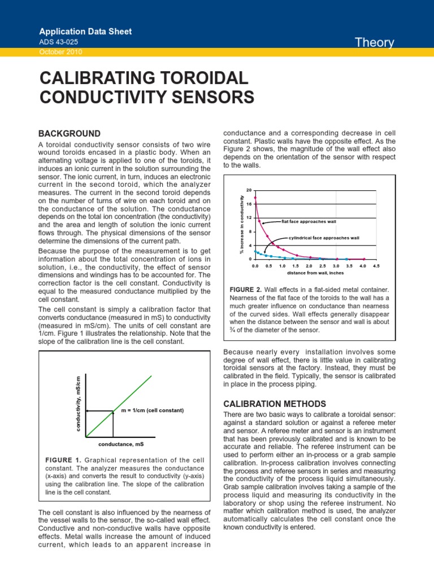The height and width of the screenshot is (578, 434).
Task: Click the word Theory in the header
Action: [374, 42]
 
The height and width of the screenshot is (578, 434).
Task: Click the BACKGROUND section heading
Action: [69, 134]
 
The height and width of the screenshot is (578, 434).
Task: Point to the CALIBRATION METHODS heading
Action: [275, 404]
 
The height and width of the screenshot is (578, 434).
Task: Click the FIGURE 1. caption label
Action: [63, 459]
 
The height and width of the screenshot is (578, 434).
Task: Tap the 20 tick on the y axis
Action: [249, 190]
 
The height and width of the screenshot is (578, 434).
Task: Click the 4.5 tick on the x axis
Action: [376, 265]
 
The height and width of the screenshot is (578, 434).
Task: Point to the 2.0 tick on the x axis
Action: [309, 265]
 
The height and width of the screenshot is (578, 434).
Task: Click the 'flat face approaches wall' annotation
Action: [309, 221]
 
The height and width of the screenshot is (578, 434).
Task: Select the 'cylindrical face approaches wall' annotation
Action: [324, 238]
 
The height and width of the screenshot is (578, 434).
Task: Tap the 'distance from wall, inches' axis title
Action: [315, 273]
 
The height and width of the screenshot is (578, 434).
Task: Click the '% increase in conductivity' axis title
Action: [241, 224]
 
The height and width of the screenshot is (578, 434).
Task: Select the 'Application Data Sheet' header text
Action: [85, 32]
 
